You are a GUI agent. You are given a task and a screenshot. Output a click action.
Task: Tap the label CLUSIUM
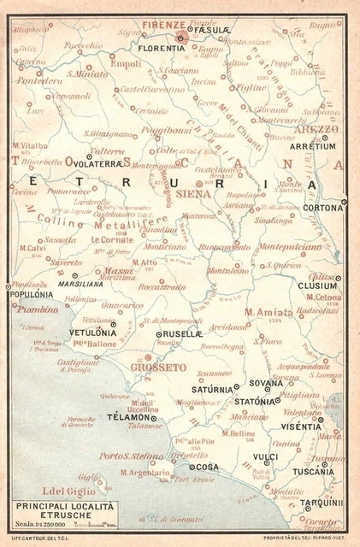pyautogui.click(x=316, y=285)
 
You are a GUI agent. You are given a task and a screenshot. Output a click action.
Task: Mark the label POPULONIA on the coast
pyautogui.click(x=30, y=293)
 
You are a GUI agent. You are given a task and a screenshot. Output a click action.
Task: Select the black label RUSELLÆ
pyautogui.click(x=185, y=334)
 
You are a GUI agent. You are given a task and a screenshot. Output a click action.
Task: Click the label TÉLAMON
pyautogui.click(x=128, y=418)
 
